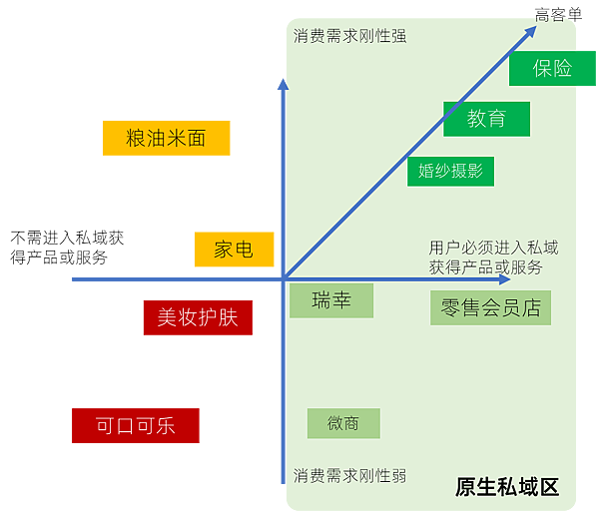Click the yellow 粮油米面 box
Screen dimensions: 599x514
(166, 138)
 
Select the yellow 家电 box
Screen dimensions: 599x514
(235, 249)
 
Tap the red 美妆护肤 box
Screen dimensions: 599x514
(198, 317)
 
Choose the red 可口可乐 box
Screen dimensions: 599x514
(136, 425)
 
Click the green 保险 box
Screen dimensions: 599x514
(552, 68)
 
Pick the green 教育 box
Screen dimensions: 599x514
(487, 119)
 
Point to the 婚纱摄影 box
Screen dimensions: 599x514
(451, 171)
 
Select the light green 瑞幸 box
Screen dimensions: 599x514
(331, 300)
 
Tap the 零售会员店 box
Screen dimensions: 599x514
(490, 307)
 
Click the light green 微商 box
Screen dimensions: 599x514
(343, 423)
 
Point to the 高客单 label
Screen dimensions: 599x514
(558, 15)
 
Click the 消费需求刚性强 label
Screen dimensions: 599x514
(349, 36)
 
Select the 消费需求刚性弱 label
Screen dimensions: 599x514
(349, 475)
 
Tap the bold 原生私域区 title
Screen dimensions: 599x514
(507, 487)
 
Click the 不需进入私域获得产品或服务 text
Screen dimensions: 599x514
(67, 248)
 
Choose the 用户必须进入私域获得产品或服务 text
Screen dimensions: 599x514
(493, 257)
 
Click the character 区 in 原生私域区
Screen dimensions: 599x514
(549, 487)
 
